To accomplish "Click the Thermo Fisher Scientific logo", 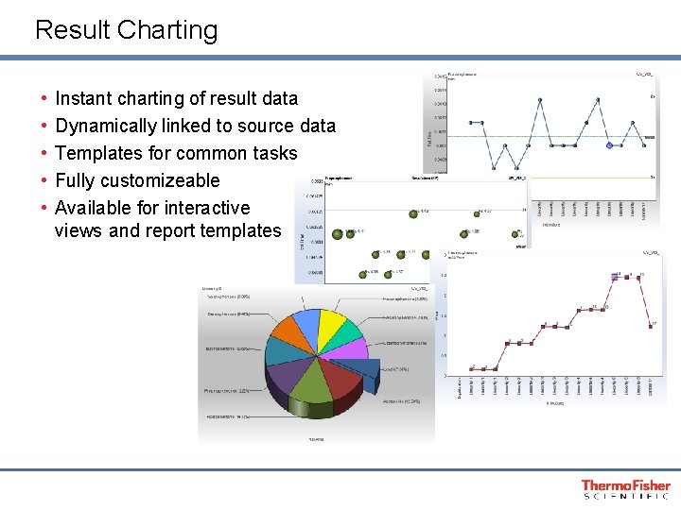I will click(x=625, y=488).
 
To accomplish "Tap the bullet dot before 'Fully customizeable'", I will click(x=44, y=180).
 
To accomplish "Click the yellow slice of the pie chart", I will click(x=332, y=326).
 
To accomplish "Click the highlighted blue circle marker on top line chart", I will click(x=611, y=145).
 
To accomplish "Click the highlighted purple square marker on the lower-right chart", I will click(x=619, y=276).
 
